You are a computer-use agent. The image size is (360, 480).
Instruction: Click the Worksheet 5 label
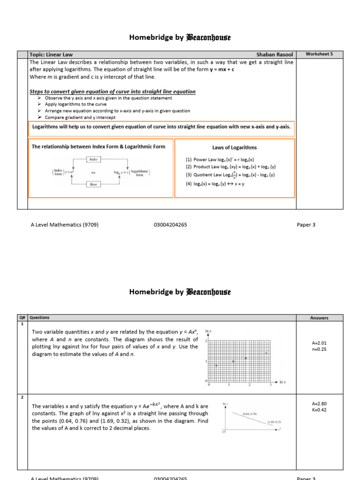319,54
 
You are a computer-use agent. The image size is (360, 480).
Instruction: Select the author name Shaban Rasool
275,55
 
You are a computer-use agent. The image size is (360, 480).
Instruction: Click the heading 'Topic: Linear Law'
51,55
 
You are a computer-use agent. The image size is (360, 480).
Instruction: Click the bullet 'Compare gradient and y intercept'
80,118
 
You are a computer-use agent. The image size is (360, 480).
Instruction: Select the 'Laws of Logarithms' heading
234,148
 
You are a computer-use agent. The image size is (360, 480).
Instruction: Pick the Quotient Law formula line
230,175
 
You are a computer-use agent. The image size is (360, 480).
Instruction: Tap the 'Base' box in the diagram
94,184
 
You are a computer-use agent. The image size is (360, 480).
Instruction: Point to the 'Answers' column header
319,318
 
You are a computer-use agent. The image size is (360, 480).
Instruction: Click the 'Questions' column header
40,318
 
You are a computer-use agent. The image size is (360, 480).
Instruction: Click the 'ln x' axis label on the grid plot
283,382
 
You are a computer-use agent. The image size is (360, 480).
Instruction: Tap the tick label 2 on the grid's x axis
249,385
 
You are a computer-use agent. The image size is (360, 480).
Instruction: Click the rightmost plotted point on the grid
266,353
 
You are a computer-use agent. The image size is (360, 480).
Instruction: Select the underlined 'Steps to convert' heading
112,91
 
